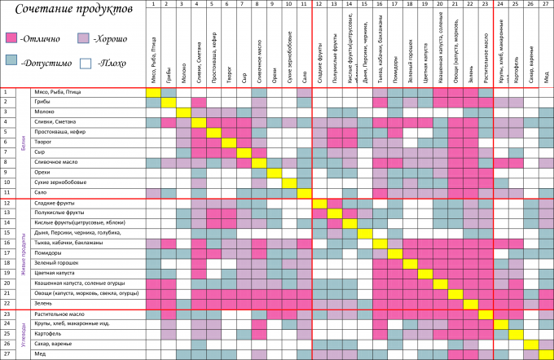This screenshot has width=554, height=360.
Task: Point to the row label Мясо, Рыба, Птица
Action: (57, 92)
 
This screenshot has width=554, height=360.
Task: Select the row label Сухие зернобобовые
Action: (59, 182)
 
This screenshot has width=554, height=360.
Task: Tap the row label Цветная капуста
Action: (56, 274)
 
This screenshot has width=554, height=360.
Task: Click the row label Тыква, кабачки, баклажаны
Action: (68, 243)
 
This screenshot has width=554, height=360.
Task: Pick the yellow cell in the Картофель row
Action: (516, 334)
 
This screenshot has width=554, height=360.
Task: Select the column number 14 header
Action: (350, 4)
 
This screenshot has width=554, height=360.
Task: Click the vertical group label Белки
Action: (24, 143)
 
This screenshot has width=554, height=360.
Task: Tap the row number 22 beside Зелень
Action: (7, 303)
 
